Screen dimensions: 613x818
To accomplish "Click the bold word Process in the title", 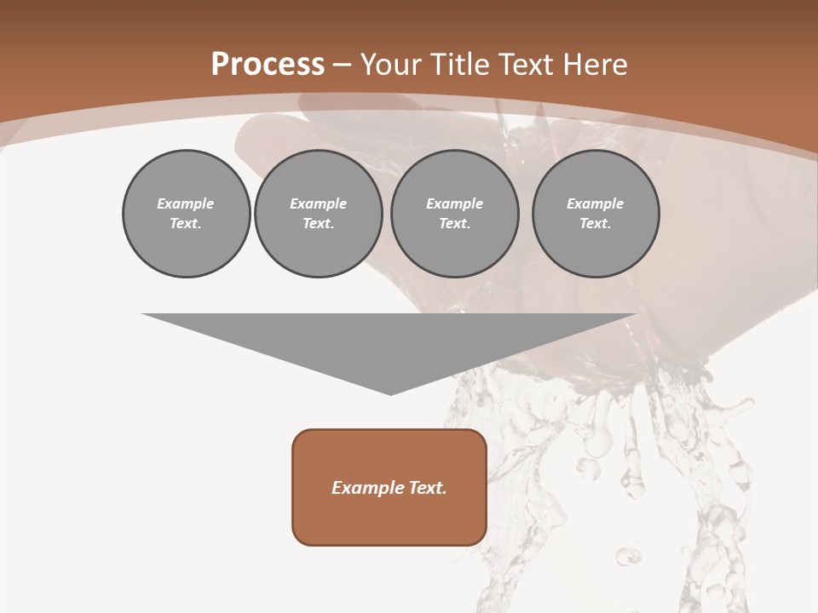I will click(x=268, y=64).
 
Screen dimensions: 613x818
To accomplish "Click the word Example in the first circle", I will click(x=186, y=203).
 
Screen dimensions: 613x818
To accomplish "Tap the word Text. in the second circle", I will click(x=319, y=223).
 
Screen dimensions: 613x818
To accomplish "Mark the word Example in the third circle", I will click(x=455, y=203).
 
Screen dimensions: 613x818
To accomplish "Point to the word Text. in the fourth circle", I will click(x=596, y=223).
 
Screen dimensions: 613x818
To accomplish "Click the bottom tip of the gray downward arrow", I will click(x=390, y=392).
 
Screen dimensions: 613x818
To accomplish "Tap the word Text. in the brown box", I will click(x=429, y=488).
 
